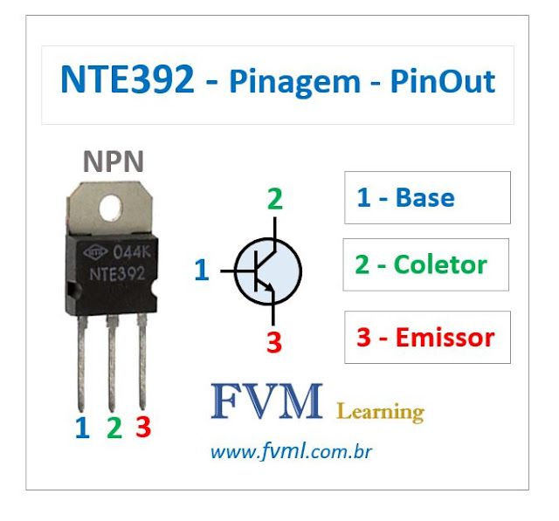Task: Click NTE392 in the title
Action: click(x=128, y=81)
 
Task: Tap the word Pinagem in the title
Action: click(x=294, y=83)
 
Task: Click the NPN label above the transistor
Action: click(x=114, y=161)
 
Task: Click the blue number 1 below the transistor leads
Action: click(x=82, y=428)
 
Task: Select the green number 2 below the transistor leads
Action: click(x=114, y=428)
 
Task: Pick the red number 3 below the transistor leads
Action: click(x=143, y=428)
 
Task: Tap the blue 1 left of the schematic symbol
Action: click(x=202, y=271)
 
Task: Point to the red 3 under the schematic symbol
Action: click(x=274, y=342)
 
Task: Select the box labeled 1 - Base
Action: click(x=427, y=197)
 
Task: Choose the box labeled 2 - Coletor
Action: click(x=425, y=264)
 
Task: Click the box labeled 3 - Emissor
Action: click(x=427, y=337)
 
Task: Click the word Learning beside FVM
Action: click(x=380, y=411)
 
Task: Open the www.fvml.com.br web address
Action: click(x=291, y=453)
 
